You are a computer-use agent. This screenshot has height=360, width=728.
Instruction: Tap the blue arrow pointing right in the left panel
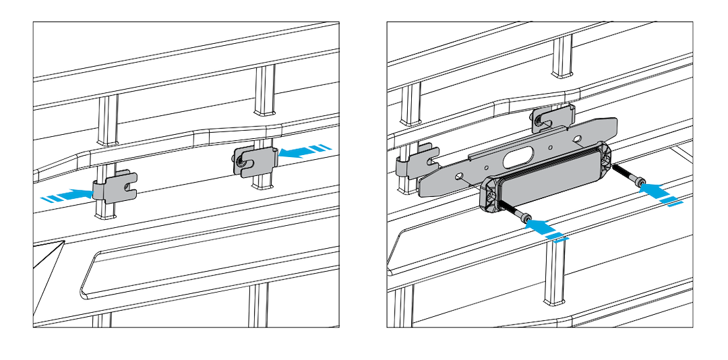67,196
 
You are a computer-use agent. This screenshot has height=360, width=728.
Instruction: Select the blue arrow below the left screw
547,231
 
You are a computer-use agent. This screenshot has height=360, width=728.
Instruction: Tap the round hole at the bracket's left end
460,176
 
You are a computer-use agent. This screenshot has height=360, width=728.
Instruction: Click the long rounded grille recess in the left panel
202,270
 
